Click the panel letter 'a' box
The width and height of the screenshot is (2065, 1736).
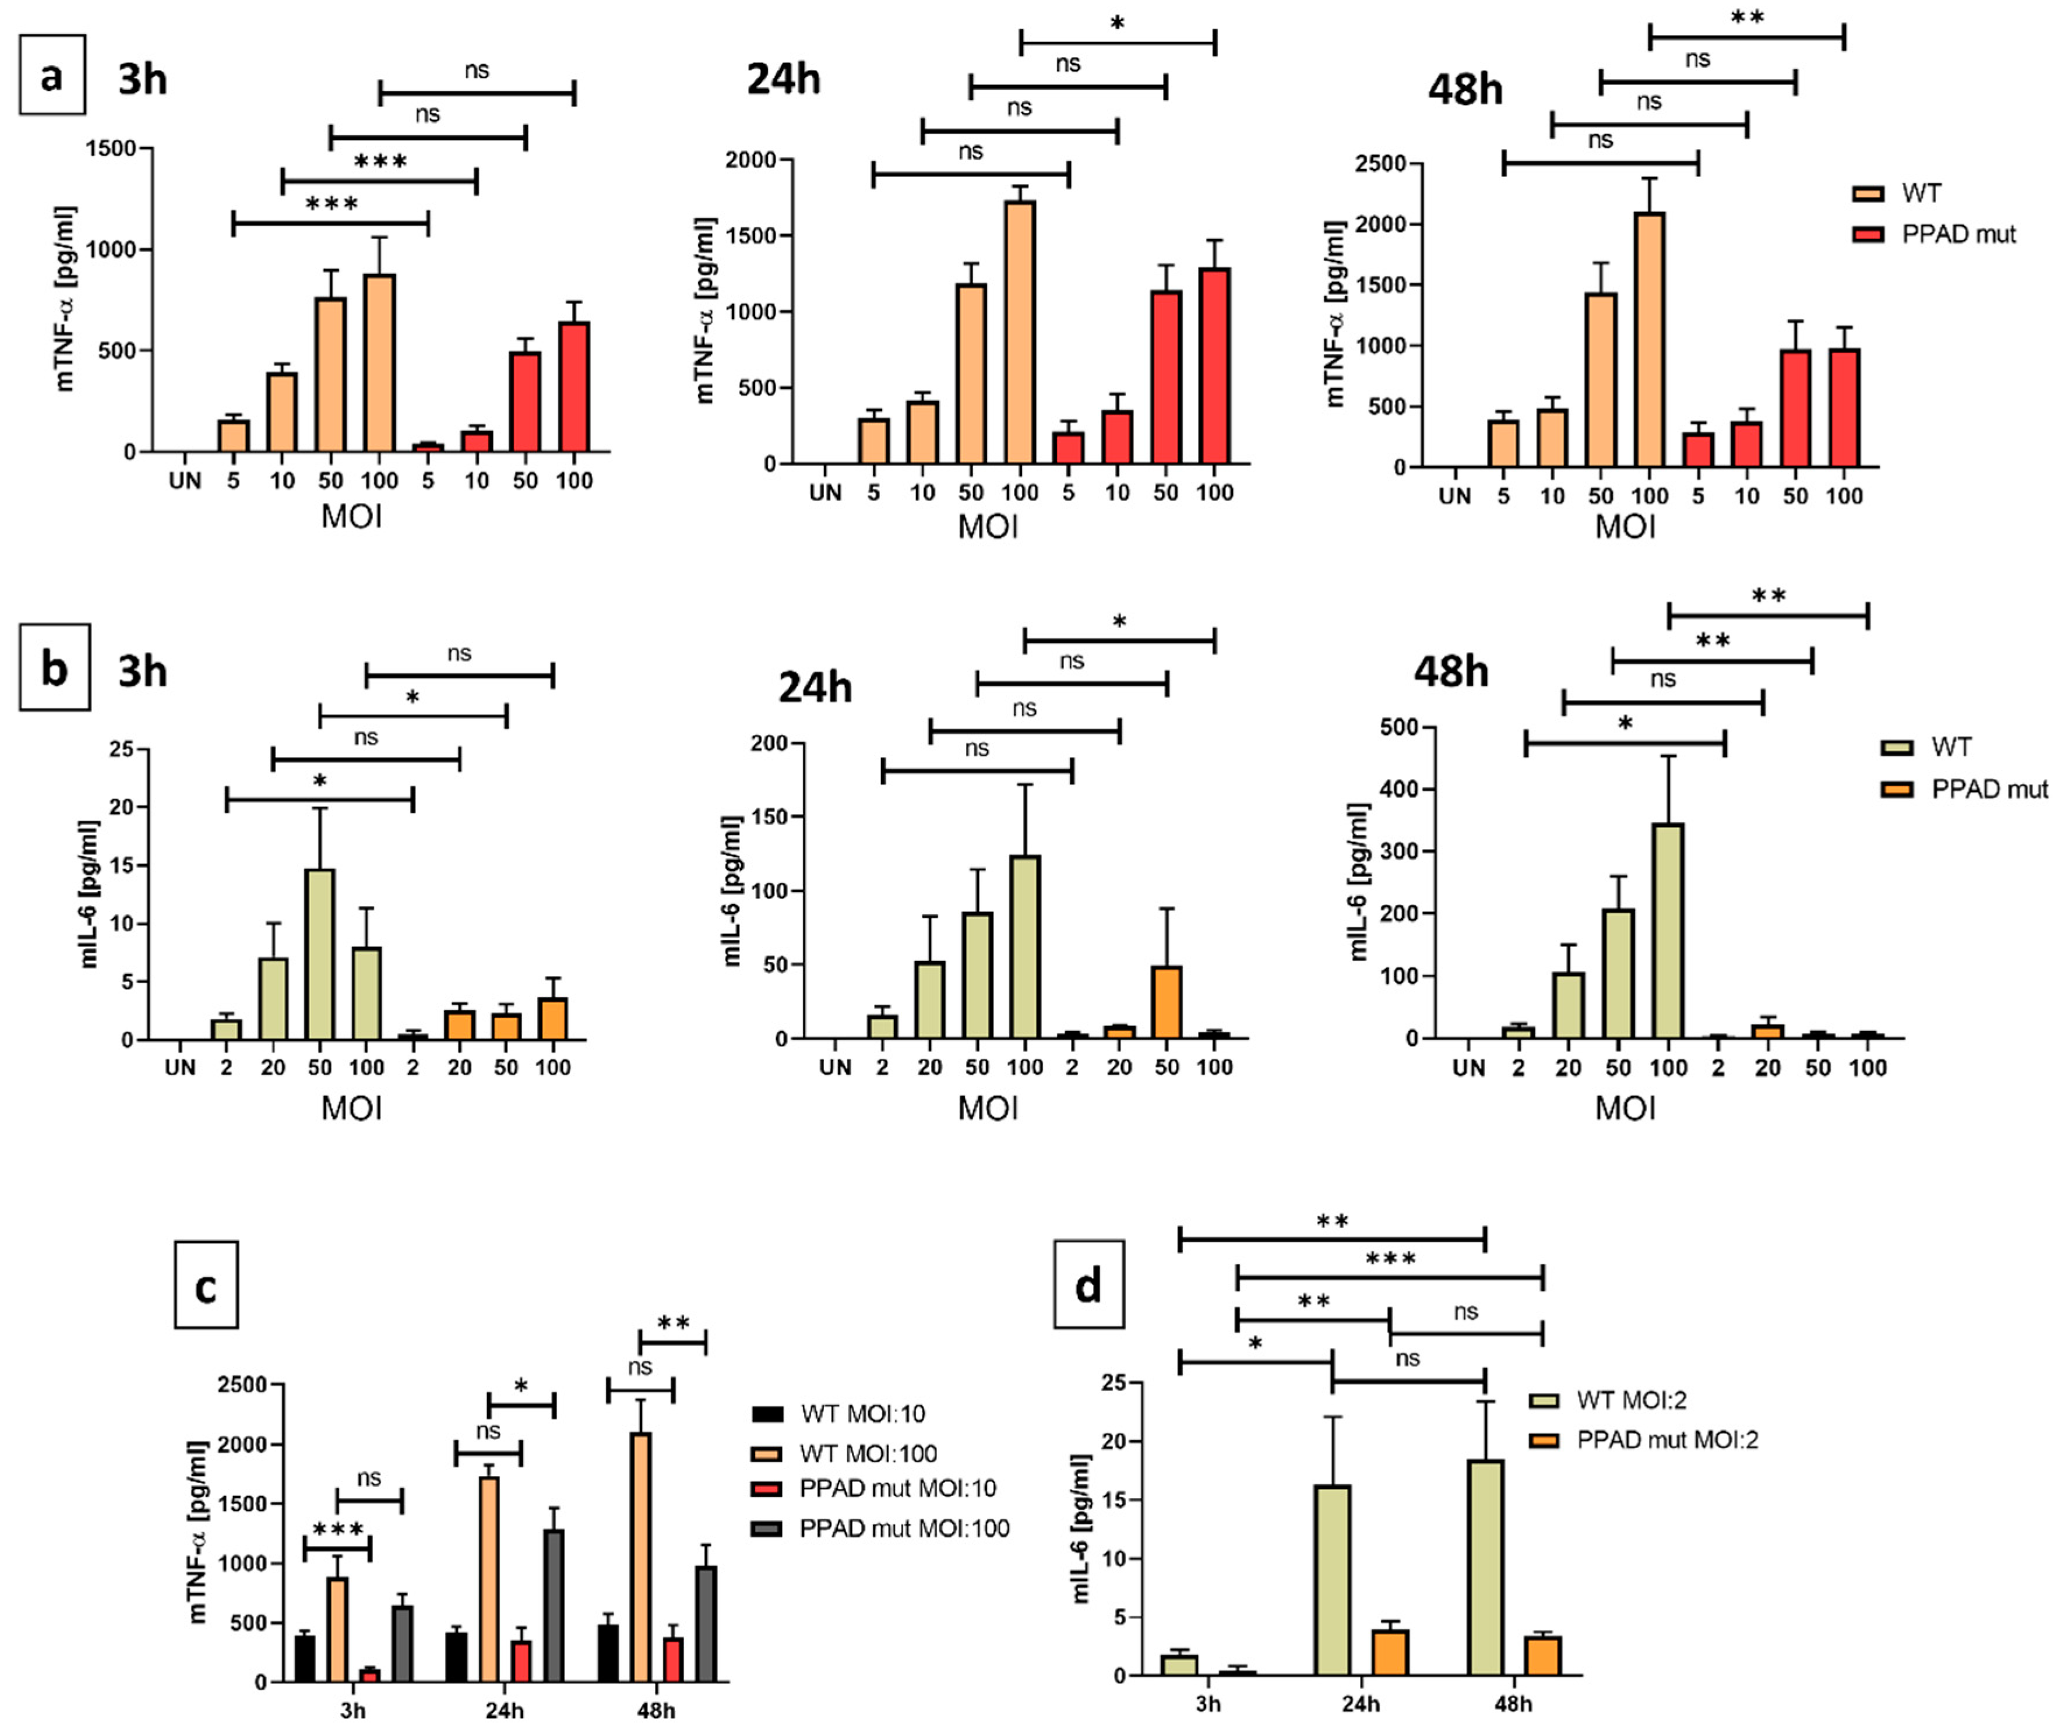[52, 75]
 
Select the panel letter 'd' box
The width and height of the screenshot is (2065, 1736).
[1088, 1286]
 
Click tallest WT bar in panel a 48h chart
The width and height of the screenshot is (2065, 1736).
[1649, 340]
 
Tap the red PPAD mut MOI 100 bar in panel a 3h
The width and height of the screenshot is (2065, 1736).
[573, 387]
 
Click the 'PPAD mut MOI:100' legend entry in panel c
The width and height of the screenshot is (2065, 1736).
[903, 1529]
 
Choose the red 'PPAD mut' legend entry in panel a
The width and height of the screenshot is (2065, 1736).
[1958, 234]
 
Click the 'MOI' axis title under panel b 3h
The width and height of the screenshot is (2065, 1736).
[351, 1108]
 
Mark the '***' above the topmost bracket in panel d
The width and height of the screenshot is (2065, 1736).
[1390, 1259]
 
